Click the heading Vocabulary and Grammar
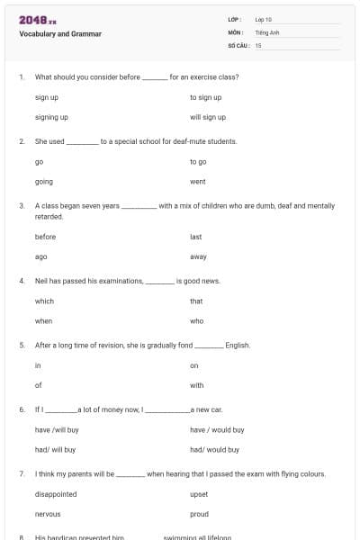coord(60,34)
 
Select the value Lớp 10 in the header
coord(264,19)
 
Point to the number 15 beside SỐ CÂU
coord(258,45)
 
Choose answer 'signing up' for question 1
coord(51,117)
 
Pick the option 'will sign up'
coord(208,117)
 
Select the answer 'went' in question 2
coord(198,182)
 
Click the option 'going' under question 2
coord(44,182)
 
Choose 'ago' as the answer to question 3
coord(41,256)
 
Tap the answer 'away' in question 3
coord(199,256)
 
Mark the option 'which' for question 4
coord(44,301)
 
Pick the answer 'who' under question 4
coord(197,320)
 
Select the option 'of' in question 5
coord(39,385)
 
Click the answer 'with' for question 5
coord(197,385)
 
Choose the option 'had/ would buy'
coord(214,449)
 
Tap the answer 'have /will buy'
coord(57,430)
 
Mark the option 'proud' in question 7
coord(199,514)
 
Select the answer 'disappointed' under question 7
coord(56,494)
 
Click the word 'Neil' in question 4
coord(41,281)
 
